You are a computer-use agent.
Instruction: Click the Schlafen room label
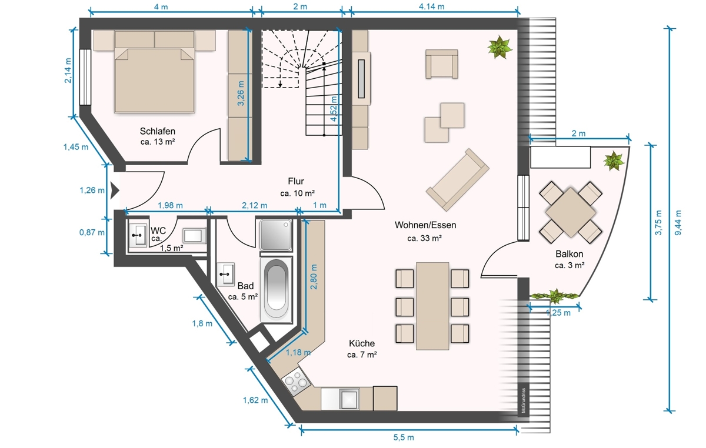point(157,131)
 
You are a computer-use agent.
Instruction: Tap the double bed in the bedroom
point(154,72)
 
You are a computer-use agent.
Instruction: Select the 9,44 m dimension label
point(678,223)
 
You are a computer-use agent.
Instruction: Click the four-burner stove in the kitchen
point(297,382)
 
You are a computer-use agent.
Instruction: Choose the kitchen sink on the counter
point(349,399)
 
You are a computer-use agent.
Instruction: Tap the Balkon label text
point(570,254)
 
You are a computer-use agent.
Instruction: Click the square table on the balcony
point(571,212)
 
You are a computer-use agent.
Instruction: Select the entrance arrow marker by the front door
point(115,190)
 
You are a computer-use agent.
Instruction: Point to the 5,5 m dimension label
point(404,437)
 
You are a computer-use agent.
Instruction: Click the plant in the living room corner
point(499,47)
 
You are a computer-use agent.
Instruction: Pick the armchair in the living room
point(442,64)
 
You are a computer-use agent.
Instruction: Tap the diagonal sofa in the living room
point(457,179)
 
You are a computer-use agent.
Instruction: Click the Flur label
point(295,181)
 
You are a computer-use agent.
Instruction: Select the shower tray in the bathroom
point(275,235)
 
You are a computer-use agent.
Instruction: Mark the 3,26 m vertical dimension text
point(241,93)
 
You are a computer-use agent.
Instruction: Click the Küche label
point(361,343)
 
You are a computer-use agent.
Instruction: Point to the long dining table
point(432,306)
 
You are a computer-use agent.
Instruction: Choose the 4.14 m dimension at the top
point(431,6)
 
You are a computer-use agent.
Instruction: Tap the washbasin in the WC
point(138,235)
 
